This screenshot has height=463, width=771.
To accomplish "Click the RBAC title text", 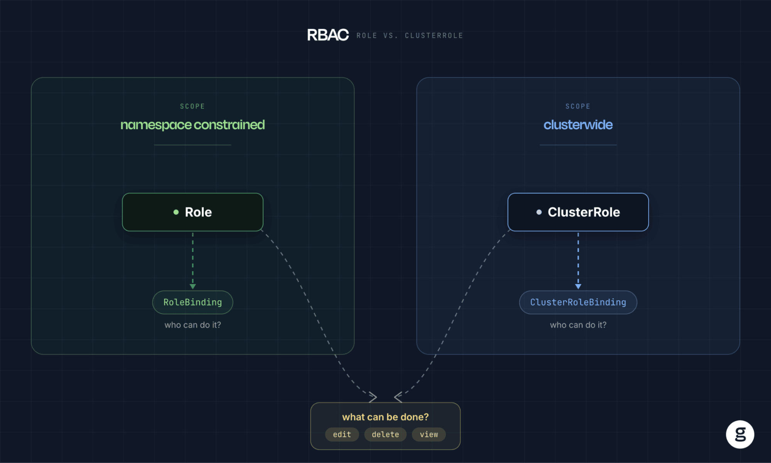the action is (x=328, y=35).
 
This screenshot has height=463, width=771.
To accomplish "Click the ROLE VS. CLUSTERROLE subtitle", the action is (x=410, y=35).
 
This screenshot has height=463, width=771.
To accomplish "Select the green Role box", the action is (x=192, y=212).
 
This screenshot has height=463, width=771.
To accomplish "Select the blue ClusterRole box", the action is (x=578, y=212).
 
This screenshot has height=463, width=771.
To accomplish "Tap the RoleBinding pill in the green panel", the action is (x=192, y=302).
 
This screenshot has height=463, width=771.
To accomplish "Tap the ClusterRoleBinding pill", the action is (x=578, y=302).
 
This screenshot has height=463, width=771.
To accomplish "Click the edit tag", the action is (x=342, y=434).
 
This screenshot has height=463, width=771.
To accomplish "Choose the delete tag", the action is (x=385, y=434).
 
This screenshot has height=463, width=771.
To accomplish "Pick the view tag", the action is (x=429, y=434).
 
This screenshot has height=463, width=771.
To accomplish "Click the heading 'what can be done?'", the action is (x=385, y=417).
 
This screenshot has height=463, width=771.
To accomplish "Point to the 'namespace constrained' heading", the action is (x=192, y=125).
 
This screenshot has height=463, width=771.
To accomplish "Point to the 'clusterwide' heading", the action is (x=578, y=125).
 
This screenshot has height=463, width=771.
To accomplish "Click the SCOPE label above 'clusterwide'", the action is (x=578, y=106).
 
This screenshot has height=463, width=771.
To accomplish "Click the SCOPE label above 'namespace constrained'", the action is (x=192, y=106).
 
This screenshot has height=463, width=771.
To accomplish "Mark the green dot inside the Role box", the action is (x=176, y=212).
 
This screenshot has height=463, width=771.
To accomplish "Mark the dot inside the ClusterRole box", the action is (x=539, y=212).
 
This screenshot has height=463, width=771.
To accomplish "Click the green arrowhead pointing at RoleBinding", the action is (x=193, y=287).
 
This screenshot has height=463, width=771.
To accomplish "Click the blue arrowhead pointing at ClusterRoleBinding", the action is (x=578, y=287).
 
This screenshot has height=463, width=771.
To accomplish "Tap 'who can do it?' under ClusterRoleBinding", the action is (x=578, y=325).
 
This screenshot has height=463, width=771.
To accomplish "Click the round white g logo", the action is (x=740, y=434).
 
